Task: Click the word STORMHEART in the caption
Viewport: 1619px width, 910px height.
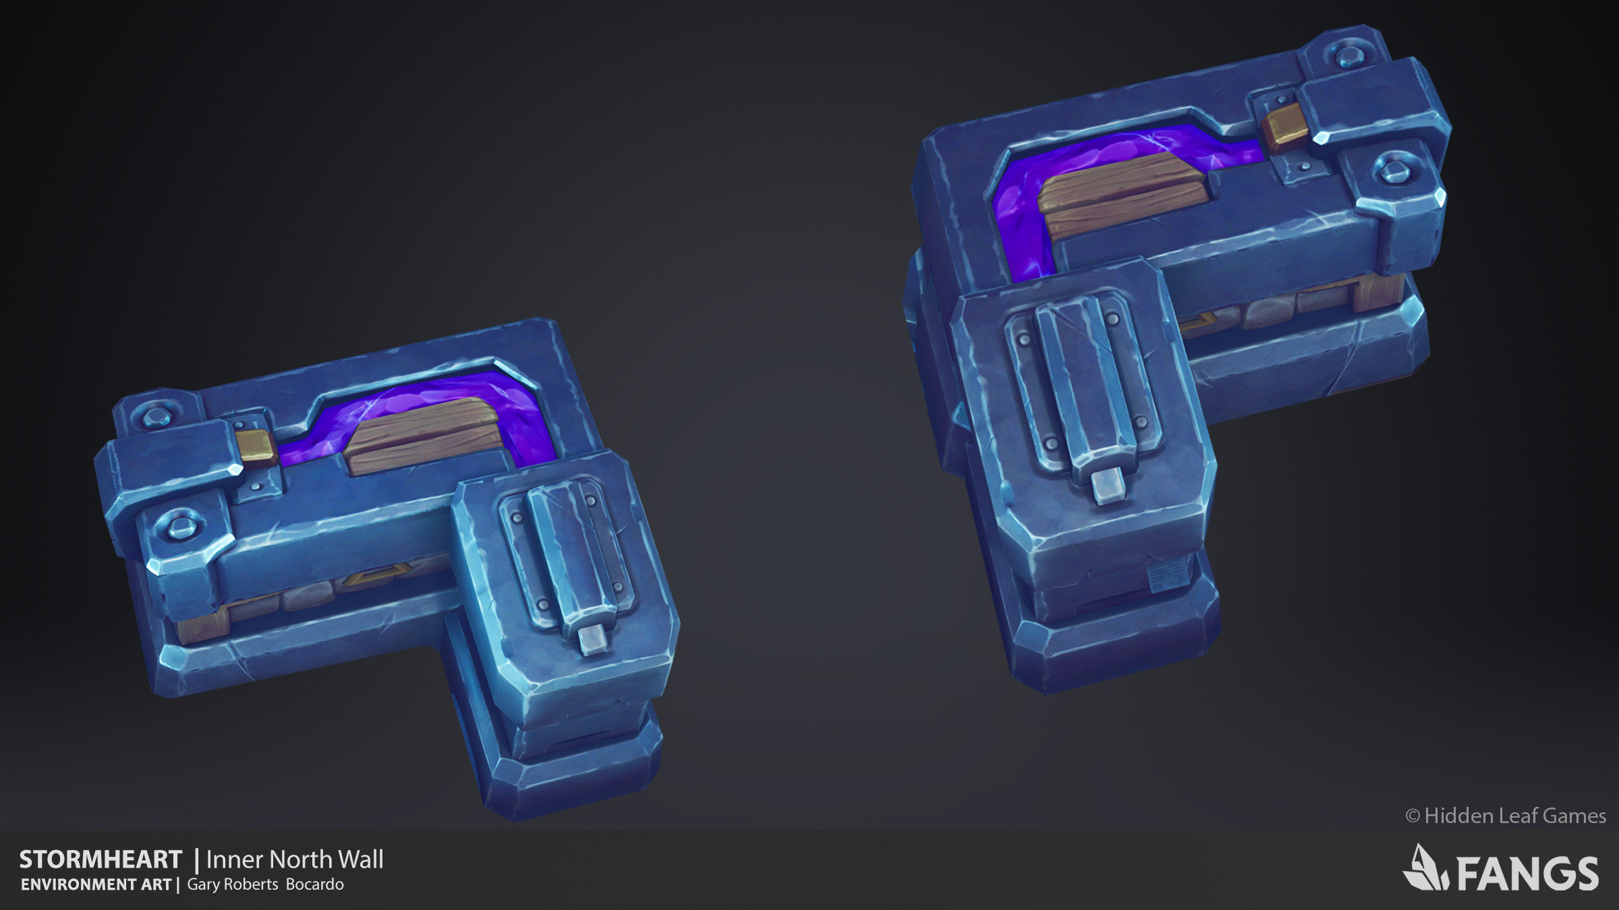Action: pos(101,859)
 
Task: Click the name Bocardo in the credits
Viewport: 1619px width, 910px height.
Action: pos(314,884)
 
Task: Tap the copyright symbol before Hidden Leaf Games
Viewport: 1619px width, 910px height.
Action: pos(1413,816)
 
